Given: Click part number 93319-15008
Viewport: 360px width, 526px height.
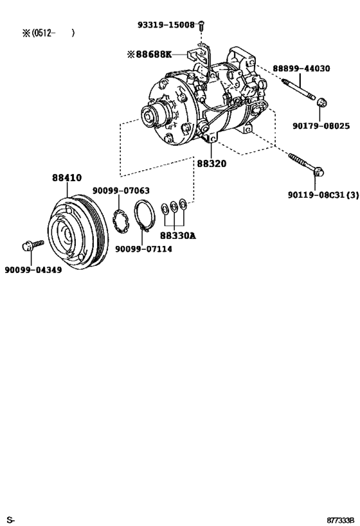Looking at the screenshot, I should [165, 24].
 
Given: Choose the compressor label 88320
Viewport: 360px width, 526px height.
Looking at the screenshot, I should [212, 164].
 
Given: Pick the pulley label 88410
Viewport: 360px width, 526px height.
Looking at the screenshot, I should [67, 179].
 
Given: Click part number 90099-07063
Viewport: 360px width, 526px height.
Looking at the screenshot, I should [121, 190].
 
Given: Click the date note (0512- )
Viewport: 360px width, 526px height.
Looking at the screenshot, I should [48, 33].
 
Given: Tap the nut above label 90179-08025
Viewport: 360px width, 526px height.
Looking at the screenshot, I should [323, 101].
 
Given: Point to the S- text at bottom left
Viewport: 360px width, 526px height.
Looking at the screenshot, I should [10, 518].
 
